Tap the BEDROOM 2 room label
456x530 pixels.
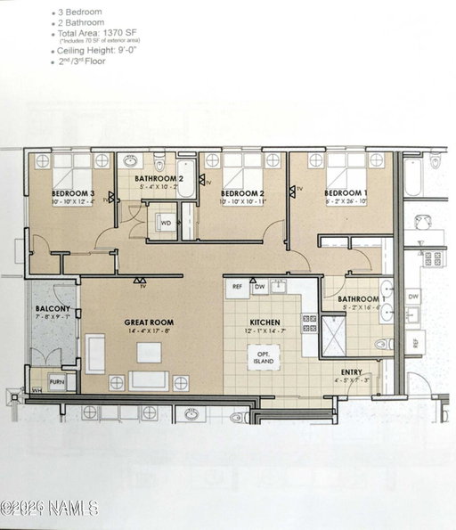pos(243,193)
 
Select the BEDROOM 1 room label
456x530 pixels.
pos(345,193)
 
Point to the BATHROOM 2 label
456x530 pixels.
pos(159,178)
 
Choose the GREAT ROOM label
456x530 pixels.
pos(150,322)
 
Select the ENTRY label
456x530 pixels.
pos(352,371)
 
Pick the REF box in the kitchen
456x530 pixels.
pos(238,287)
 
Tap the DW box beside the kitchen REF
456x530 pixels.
pos(259,287)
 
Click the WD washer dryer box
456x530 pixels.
pos(166,223)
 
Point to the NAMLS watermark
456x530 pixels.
pos(49,509)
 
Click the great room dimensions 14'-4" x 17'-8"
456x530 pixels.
pos(149,331)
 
